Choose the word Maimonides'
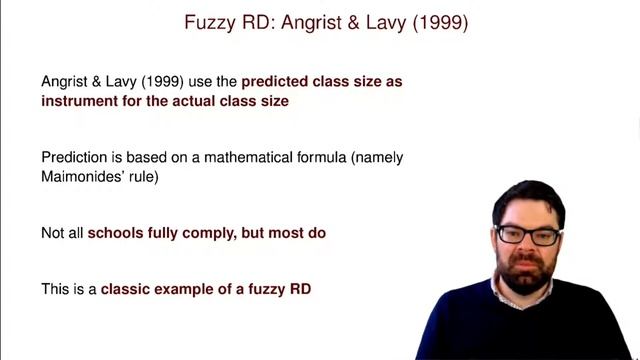(87, 177)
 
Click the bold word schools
(117, 233)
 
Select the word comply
(208, 233)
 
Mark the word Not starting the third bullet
(53, 233)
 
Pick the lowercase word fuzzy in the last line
(265, 289)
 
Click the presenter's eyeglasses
(529, 236)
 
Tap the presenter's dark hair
(528, 196)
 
